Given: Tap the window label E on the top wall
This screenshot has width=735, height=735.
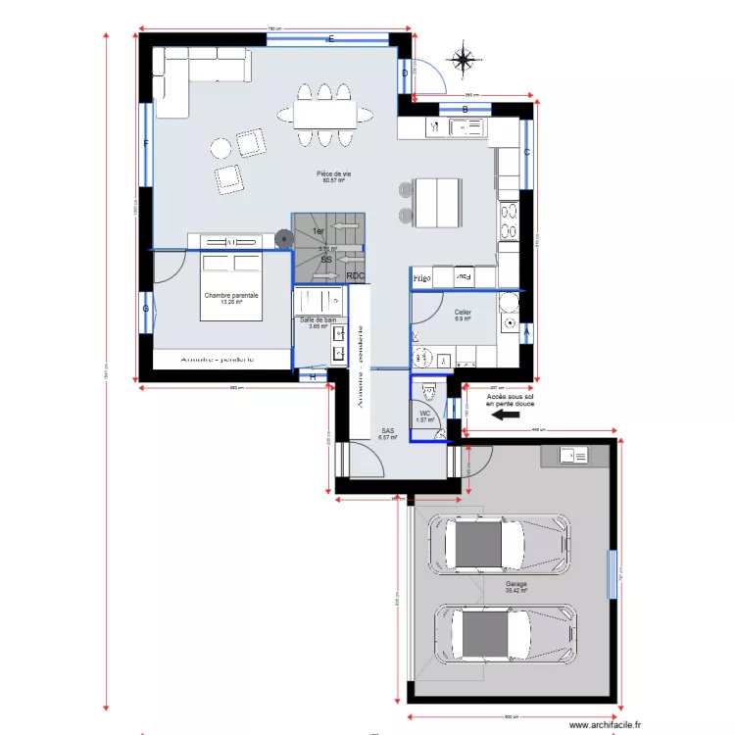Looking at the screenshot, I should (331, 39).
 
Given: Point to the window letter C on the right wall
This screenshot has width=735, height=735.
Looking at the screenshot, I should (526, 152).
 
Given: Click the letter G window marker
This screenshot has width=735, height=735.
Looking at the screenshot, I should (146, 310).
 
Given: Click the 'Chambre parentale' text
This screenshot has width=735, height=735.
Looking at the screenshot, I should (231, 296).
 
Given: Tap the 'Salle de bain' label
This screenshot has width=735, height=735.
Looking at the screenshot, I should (318, 320).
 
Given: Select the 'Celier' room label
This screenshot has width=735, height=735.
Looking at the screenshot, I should (463, 313).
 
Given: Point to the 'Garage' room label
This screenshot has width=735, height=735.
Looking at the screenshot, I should (515, 584).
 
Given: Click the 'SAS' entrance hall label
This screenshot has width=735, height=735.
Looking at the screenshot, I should (388, 431).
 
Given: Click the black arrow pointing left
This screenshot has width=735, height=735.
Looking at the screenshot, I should (505, 415).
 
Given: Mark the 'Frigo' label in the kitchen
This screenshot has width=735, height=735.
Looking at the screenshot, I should (422, 279).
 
